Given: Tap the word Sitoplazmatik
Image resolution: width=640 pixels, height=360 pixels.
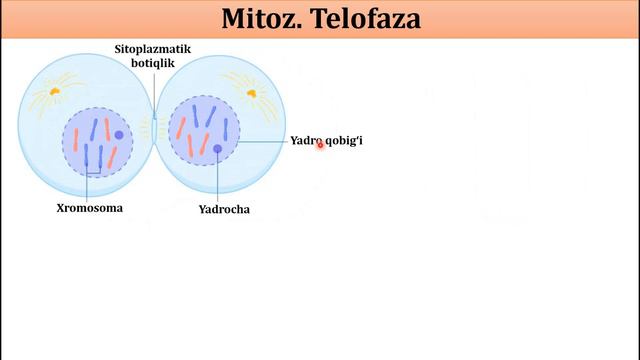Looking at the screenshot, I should point(154,48).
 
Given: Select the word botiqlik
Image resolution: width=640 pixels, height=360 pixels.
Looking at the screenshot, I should point(154,63).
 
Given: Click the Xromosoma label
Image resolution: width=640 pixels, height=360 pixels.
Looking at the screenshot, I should point(89,209).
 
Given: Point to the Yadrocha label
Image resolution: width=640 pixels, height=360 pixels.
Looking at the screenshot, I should point(224,210).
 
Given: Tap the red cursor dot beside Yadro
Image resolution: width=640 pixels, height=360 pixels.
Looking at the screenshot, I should point(320,144).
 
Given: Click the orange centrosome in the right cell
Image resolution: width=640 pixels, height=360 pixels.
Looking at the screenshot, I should point(251,93).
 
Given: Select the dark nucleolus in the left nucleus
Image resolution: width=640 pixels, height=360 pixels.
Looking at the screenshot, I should point(119,135).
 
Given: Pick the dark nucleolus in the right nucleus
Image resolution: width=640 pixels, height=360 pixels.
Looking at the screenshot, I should point(217,149).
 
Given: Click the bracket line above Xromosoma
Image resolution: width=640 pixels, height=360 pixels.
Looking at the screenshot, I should point(92,176).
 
